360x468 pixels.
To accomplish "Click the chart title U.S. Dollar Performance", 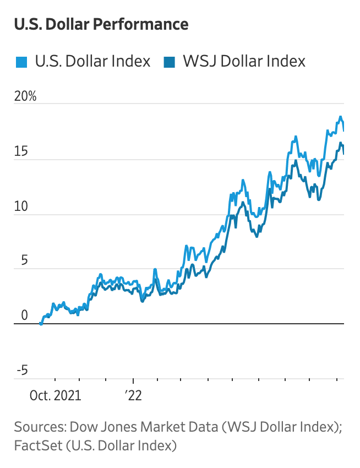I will coord(101,24).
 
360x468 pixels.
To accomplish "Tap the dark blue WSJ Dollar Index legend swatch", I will coord(169,62).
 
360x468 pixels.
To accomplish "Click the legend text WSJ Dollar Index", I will coord(244,61).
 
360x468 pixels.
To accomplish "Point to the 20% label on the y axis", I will coord(25,96).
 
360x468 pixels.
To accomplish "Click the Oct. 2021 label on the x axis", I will coord(55,395).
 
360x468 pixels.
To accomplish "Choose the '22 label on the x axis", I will coord(133,395).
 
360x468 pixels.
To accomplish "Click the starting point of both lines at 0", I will coord(41,324).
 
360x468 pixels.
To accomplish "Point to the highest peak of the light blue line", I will coord(341,117).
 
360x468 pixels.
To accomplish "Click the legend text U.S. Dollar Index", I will coord(92,61).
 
